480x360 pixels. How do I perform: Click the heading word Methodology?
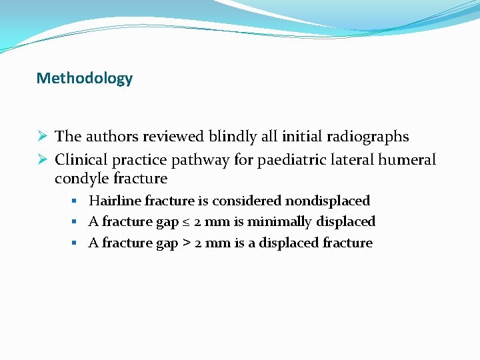click(x=85, y=79)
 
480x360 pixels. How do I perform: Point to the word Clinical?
click(x=81, y=160)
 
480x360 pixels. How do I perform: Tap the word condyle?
click(x=81, y=179)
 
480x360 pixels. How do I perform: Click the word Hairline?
click(x=115, y=201)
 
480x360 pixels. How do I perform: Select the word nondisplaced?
click(x=327, y=201)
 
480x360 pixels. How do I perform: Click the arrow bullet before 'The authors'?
click(x=42, y=137)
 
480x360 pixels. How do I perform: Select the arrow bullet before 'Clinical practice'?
click(x=42, y=160)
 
